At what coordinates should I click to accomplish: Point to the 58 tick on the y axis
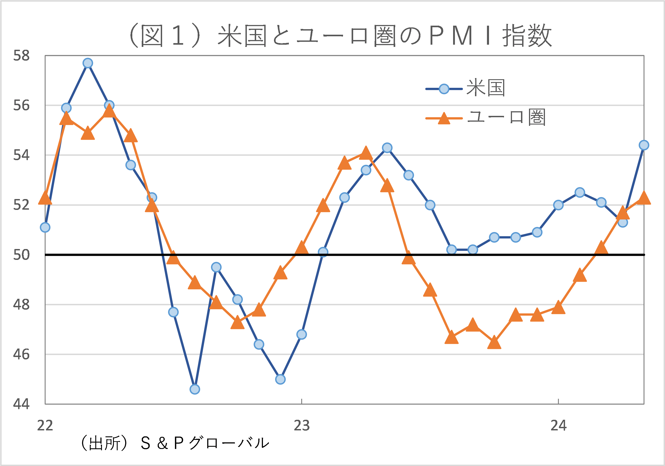pos(21,56)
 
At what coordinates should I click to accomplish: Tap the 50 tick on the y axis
pos(21,255)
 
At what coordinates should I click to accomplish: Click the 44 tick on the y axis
pos(21,404)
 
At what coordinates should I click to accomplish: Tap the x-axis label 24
pos(558,426)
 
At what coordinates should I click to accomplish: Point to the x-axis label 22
pos(45,426)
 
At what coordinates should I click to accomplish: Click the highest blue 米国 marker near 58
pos(88,63)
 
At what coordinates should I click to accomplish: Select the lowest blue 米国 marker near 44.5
pos(195,389)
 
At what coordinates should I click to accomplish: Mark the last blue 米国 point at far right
pos(644,145)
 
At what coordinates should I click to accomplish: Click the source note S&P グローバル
pos(175,443)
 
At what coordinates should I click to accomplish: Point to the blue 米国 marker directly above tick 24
pos(558,205)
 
